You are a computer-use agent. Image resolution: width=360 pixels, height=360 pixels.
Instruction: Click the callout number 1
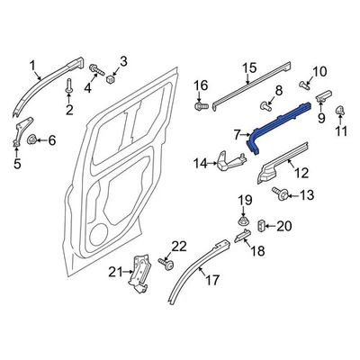coord(34,65)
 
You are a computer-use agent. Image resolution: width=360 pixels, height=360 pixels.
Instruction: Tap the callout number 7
coord(237,134)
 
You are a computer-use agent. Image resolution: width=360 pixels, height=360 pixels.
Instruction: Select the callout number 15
coord(250,67)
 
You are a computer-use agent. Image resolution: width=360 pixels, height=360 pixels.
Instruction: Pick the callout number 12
coord(301,171)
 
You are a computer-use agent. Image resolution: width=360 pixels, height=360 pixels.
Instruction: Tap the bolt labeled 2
coord(68,87)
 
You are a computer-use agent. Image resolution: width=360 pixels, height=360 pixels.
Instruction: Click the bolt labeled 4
coord(94,68)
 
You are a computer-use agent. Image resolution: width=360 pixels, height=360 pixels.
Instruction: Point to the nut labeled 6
coord(32,139)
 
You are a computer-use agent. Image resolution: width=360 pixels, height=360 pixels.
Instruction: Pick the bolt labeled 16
coord(200,106)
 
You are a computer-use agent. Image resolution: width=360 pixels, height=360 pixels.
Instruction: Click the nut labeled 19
coord(244,219)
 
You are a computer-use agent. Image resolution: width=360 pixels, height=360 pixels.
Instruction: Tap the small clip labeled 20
coord(262,225)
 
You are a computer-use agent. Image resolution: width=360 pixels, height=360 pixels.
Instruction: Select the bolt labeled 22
coord(165,264)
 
